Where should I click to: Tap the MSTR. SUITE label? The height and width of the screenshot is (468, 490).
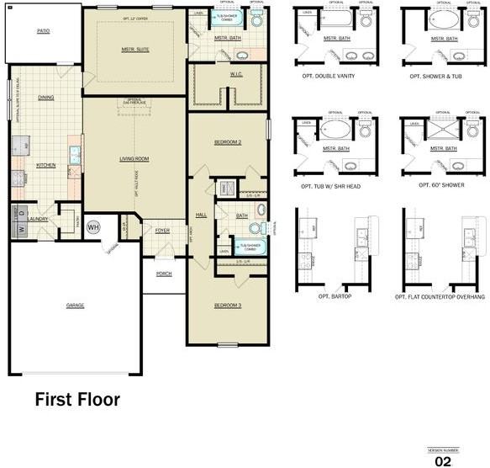[x=135, y=50]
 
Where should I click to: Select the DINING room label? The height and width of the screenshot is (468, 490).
[x=46, y=98]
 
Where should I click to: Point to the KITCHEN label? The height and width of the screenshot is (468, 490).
[x=45, y=165]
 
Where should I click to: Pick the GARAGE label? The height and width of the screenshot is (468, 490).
[x=76, y=305]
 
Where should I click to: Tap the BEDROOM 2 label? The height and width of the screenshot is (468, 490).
[x=228, y=142]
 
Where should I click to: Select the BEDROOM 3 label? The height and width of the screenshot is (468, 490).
[x=228, y=305]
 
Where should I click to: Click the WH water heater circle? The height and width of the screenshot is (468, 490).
[x=94, y=226]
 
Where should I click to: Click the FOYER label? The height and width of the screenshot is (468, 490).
[x=162, y=230]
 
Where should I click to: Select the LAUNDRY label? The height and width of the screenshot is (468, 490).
[x=38, y=219]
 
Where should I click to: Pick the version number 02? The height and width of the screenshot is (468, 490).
[x=442, y=461]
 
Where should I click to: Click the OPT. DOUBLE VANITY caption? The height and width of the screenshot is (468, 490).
[x=327, y=77]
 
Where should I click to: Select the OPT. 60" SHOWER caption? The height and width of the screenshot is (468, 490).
[x=432, y=185]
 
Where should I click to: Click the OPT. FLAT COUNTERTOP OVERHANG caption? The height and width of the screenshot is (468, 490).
[x=440, y=297]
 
